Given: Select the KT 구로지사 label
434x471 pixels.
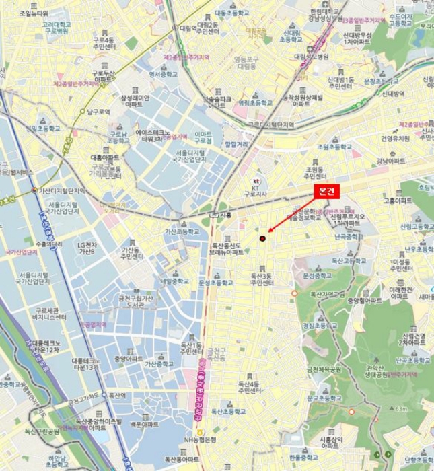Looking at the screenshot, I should click(256, 192).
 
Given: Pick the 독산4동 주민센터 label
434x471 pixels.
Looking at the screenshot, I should click(250, 388).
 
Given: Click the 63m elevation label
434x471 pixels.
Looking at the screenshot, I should click(402, 408).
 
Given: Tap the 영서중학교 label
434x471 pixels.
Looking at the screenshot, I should click(161, 73).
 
